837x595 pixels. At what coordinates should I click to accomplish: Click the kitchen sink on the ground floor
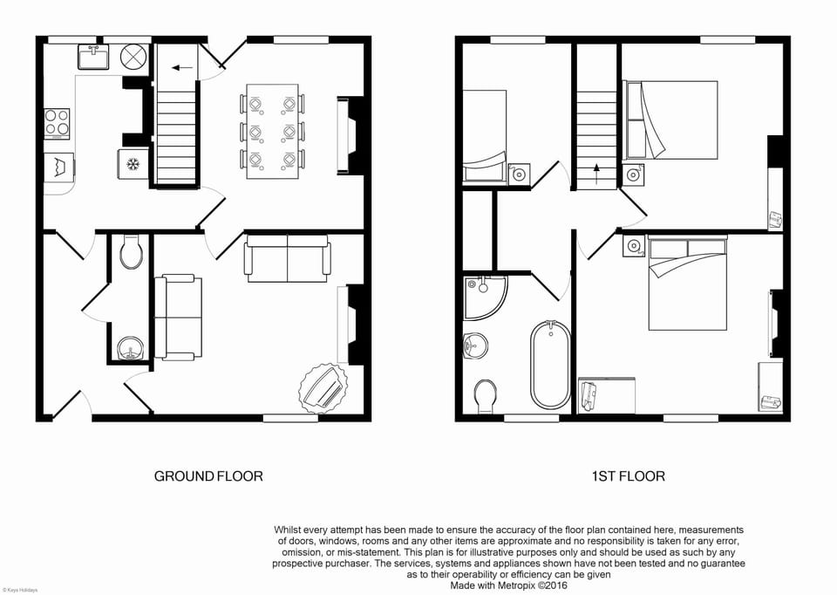[x=92, y=57]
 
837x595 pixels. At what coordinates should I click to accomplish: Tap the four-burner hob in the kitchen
[x=57, y=123]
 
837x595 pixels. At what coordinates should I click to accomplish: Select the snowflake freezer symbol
[x=133, y=164]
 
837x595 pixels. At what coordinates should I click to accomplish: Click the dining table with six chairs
[x=272, y=131]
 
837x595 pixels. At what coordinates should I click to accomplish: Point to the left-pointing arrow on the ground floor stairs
[x=181, y=66]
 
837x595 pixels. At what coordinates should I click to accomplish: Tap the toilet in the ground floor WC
[x=132, y=253]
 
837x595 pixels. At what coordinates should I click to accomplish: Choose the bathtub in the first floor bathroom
[x=550, y=365]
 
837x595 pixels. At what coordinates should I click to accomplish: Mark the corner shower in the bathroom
[x=482, y=295]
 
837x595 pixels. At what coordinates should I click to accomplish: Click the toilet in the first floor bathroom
[x=486, y=394]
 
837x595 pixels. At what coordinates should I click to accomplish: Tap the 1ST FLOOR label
[x=628, y=476]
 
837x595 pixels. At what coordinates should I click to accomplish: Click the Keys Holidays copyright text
[x=20, y=591]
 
